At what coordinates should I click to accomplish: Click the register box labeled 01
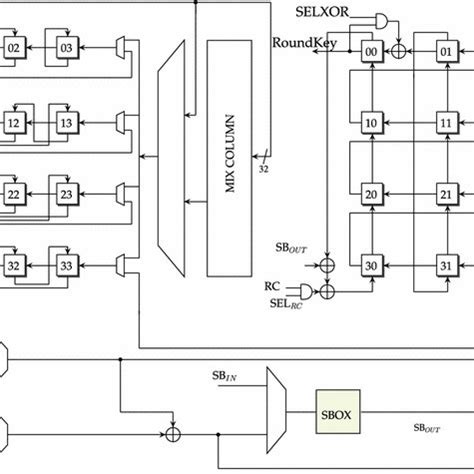(x=446, y=49)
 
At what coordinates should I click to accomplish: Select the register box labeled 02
(x=15, y=48)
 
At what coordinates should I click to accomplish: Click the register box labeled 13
(x=67, y=122)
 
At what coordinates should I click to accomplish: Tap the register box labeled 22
(x=15, y=194)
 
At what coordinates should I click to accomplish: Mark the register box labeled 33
(x=67, y=266)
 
